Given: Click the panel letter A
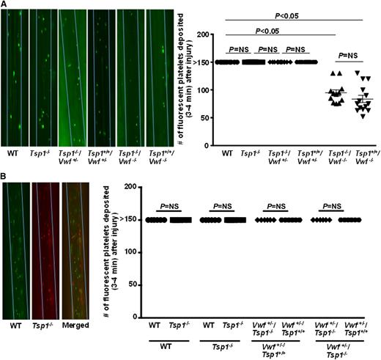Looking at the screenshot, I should tap(4, 4).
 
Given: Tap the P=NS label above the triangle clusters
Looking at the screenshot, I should tap(343, 55).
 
